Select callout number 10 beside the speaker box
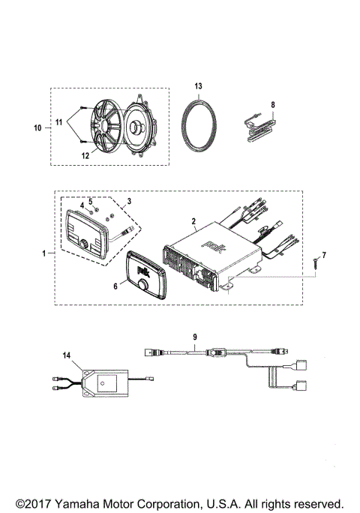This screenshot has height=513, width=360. (37, 128)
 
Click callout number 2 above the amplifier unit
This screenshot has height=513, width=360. (193, 221)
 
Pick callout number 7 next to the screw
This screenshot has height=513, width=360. (325, 256)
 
